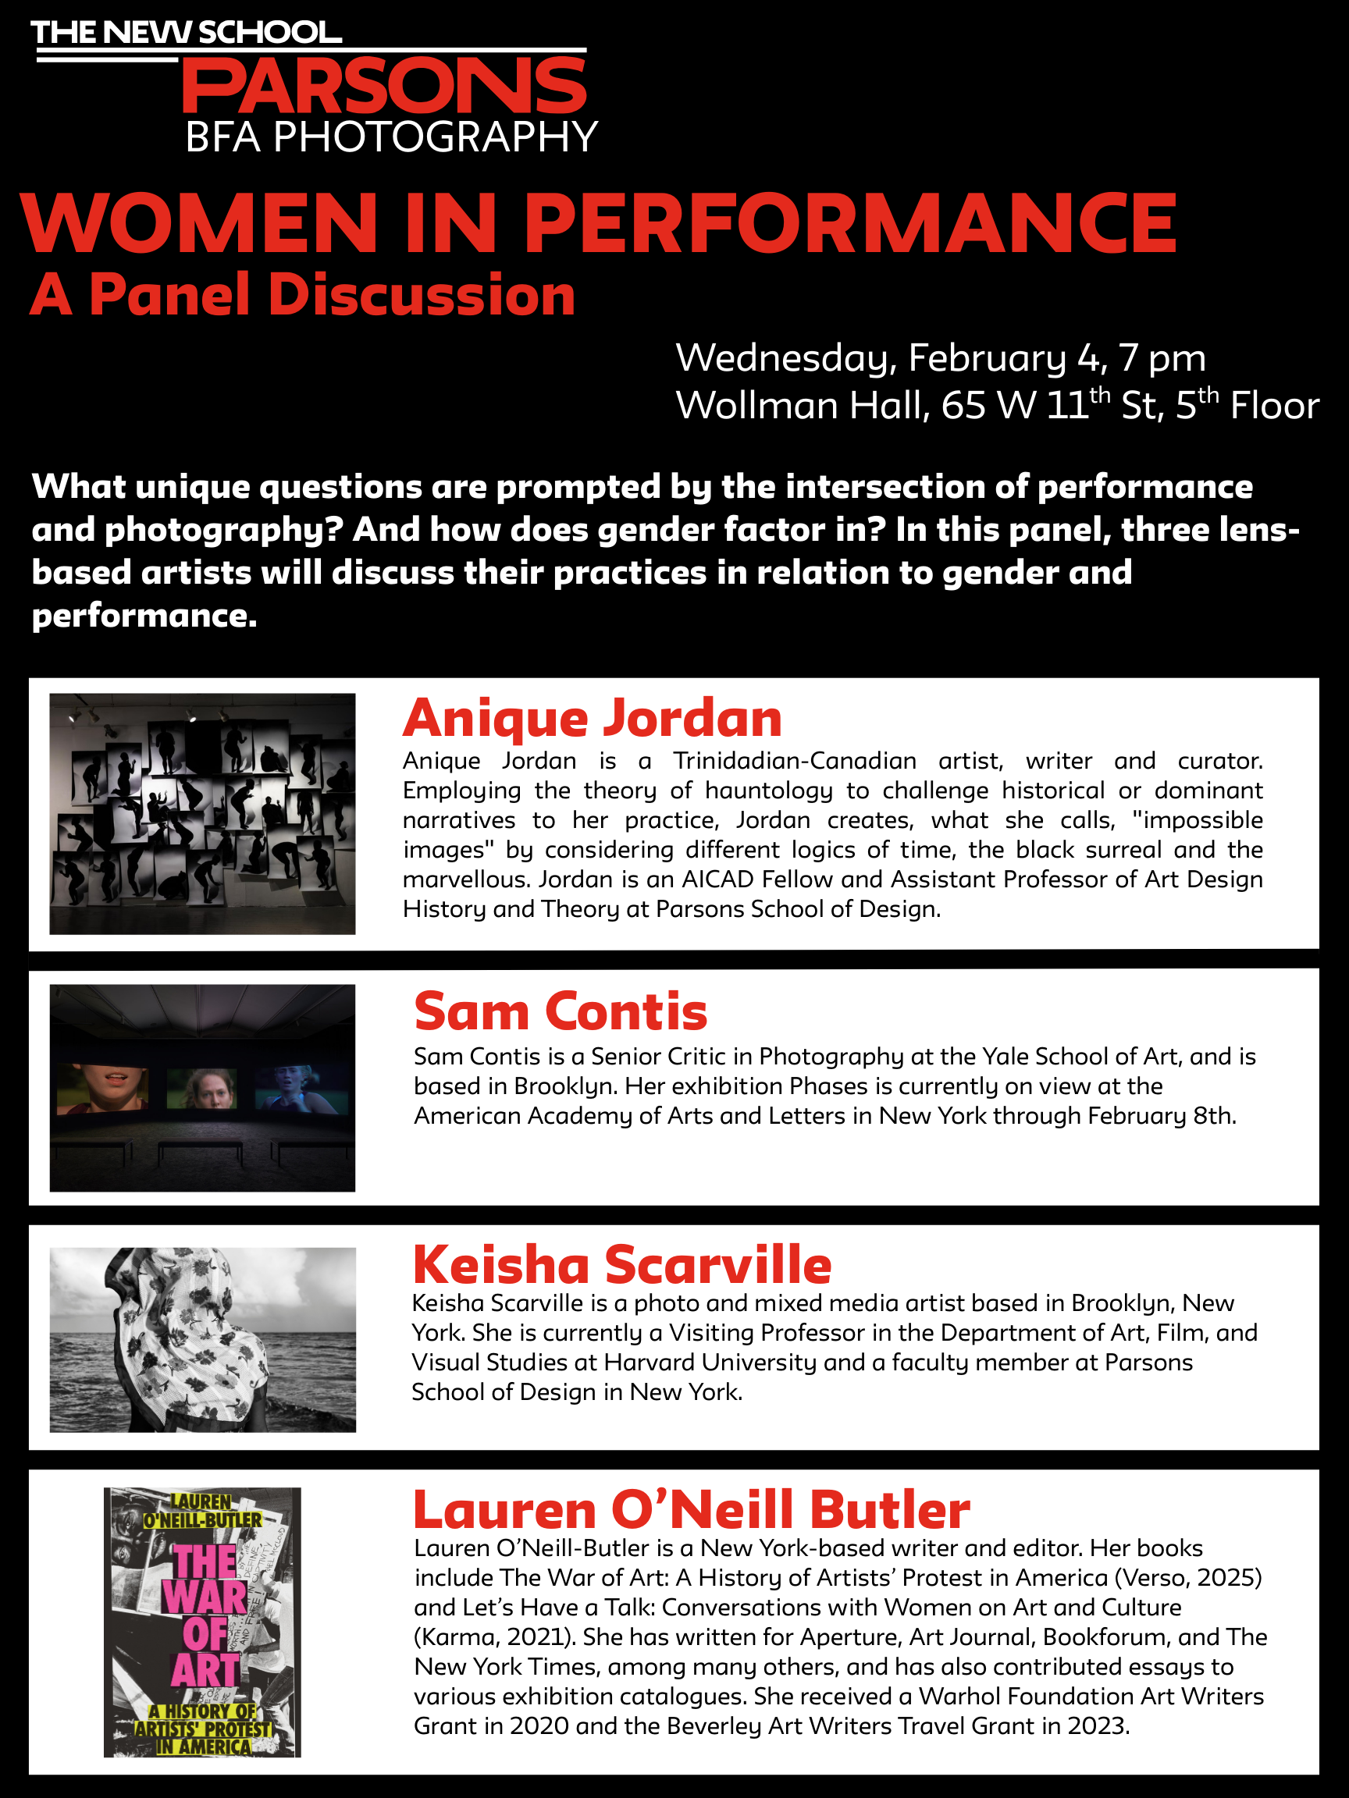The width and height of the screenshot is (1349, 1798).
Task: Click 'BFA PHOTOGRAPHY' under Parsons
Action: coord(391,137)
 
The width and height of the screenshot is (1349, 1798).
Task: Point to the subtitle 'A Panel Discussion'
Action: coord(302,294)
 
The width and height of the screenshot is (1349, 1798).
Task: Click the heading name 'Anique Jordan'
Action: coord(592,718)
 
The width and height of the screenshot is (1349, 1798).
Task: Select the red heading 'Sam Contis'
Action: coord(561,1011)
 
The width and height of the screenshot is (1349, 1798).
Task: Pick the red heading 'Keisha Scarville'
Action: coord(622,1264)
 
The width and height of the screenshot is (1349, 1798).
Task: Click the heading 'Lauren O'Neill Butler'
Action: coord(691,1509)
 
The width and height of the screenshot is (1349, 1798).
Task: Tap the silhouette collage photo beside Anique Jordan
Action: coord(202,813)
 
